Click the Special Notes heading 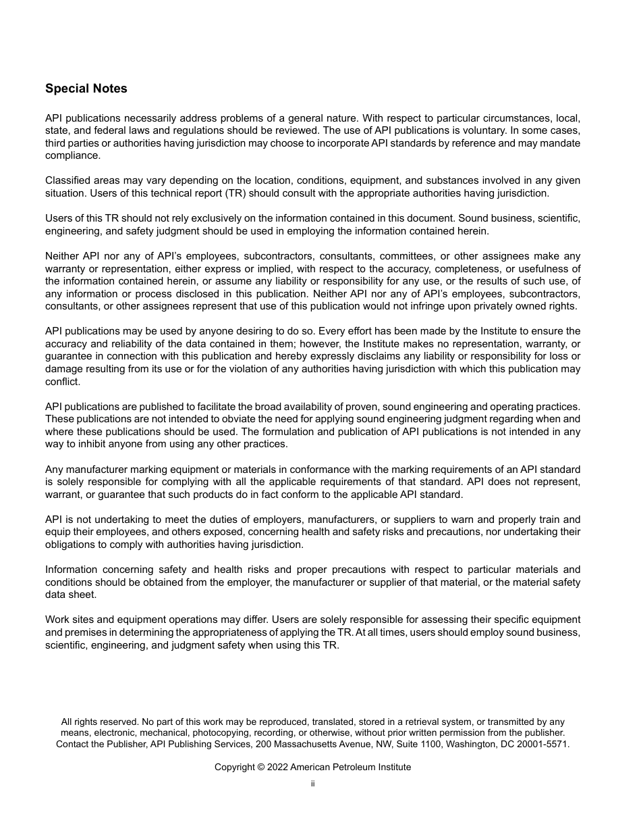point(86,89)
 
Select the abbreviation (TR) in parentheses point(217,193)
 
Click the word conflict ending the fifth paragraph point(63,382)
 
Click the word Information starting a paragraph point(71,570)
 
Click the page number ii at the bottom point(312,784)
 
